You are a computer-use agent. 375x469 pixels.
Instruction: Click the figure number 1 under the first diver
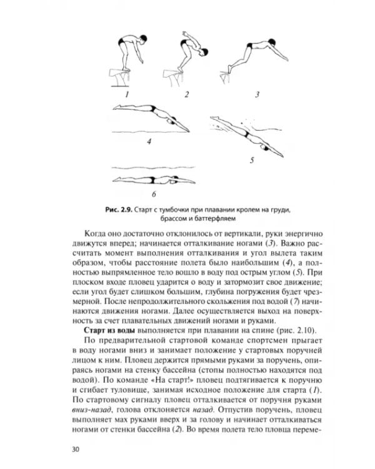coord(126,94)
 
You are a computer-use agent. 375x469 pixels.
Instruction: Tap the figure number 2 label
coord(186,94)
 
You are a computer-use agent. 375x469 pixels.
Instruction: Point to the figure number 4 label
coord(149,141)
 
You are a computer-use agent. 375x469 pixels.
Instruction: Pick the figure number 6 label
coord(153,194)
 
